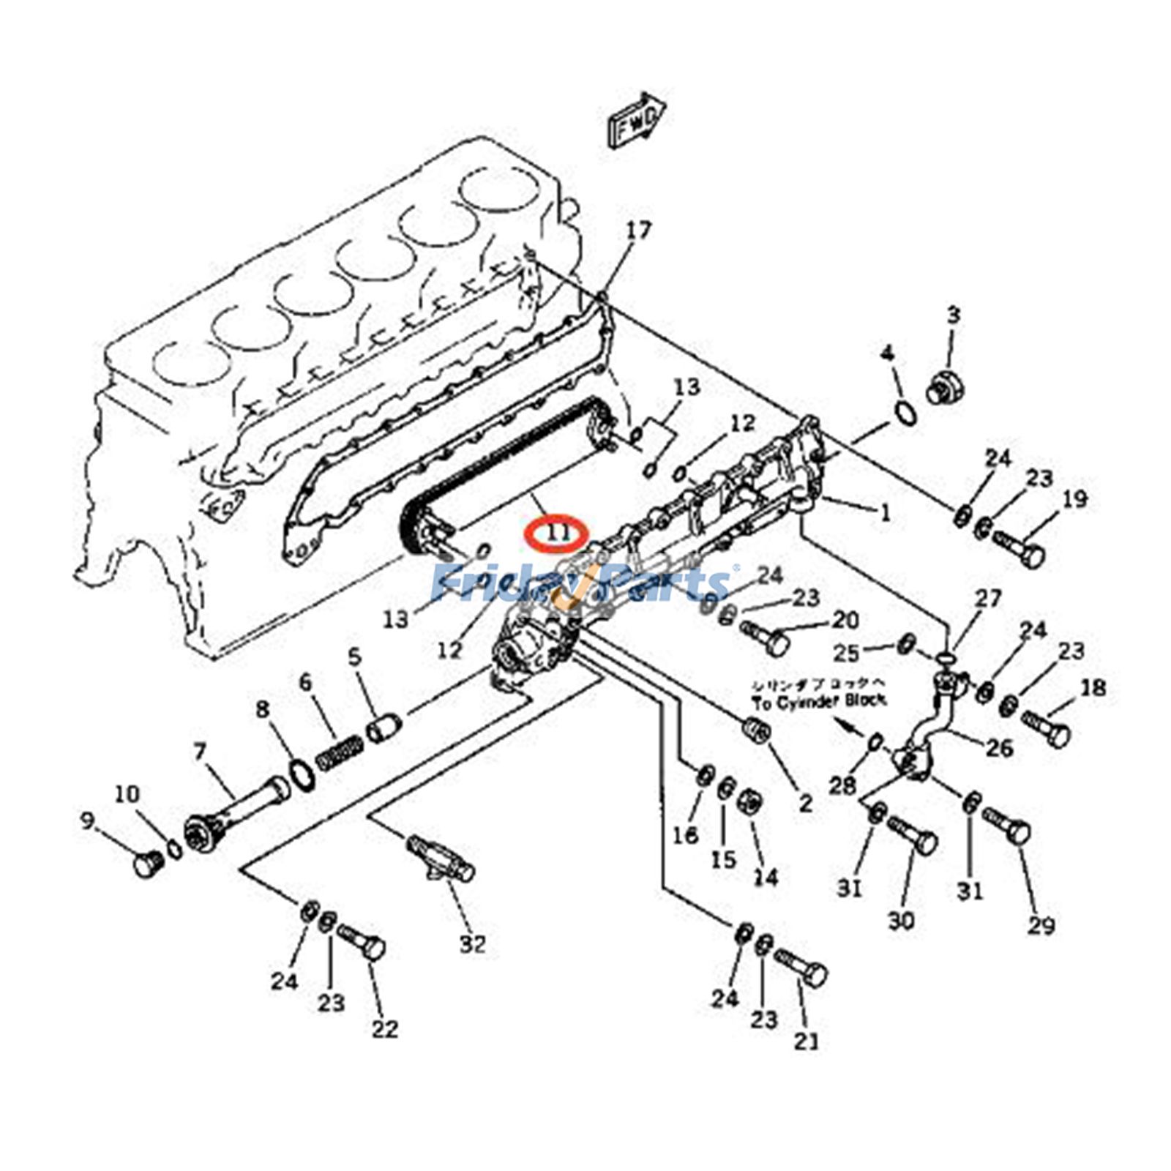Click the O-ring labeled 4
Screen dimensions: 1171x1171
click(x=905, y=413)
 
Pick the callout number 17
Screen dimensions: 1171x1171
click(x=638, y=231)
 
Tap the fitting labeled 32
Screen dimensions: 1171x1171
click(x=441, y=859)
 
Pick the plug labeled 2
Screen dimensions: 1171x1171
click(x=755, y=728)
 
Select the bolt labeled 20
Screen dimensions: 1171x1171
click(x=766, y=638)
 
